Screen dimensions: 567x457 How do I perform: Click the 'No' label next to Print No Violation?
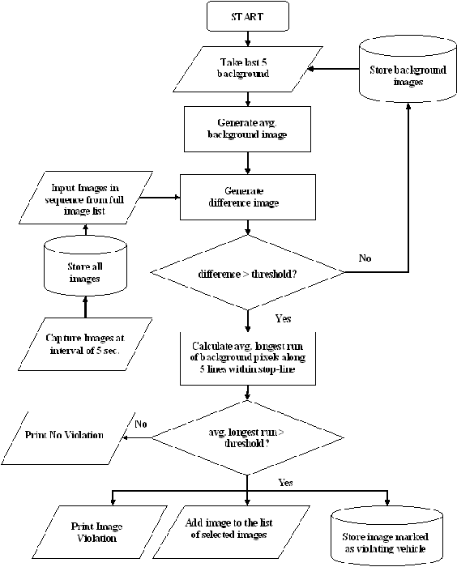pos(141,423)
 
